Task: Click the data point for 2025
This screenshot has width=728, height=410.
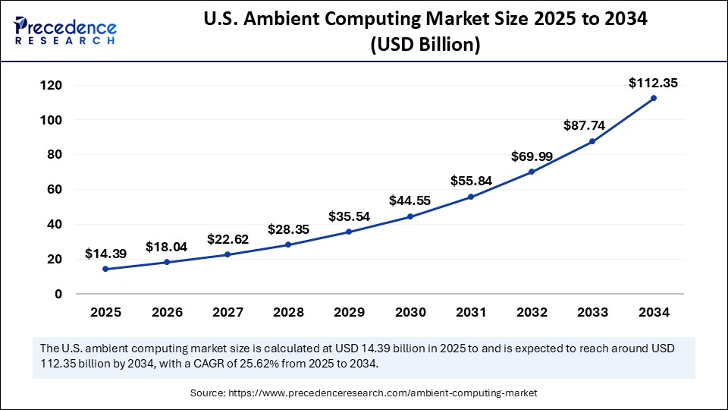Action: [x=105, y=269]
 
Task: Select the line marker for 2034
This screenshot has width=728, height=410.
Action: [x=653, y=98]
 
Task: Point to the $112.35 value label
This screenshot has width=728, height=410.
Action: [x=653, y=83]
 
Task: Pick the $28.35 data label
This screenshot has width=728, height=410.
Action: [x=288, y=229]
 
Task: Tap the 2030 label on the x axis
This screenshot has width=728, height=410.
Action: [x=409, y=312]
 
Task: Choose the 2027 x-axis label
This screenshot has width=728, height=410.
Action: [x=227, y=312]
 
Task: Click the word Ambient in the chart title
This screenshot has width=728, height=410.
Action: [x=338, y=20]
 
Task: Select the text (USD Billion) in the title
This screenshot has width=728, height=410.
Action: [x=425, y=45]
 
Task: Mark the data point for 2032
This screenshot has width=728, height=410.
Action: [x=532, y=172]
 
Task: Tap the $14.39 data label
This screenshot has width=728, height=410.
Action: [x=105, y=253]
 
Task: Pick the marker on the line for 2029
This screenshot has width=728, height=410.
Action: [x=349, y=232]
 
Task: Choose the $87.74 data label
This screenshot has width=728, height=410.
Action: [x=592, y=125]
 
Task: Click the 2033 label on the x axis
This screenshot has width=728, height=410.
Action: [x=592, y=312]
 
